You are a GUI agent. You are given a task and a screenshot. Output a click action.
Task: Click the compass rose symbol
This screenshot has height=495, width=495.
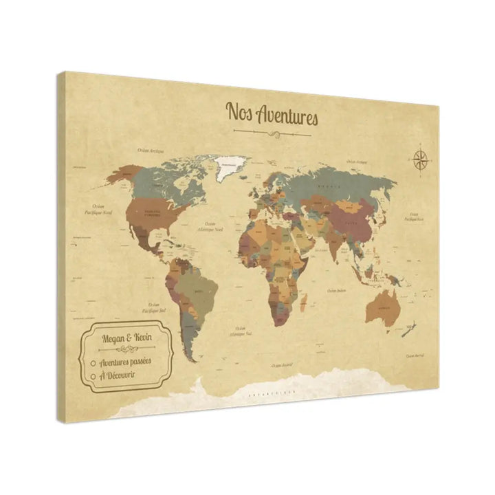421,159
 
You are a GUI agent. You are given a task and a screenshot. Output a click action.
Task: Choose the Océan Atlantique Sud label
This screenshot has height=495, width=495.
241,331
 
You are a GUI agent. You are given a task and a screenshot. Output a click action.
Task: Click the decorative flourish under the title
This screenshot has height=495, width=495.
272,131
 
